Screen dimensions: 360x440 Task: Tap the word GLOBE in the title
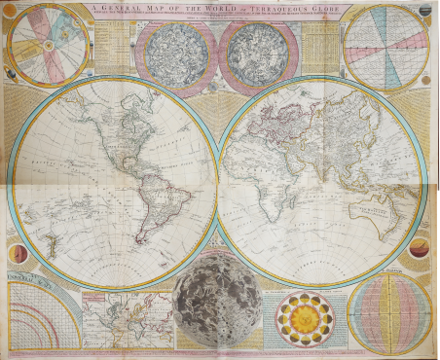point(322,9)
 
